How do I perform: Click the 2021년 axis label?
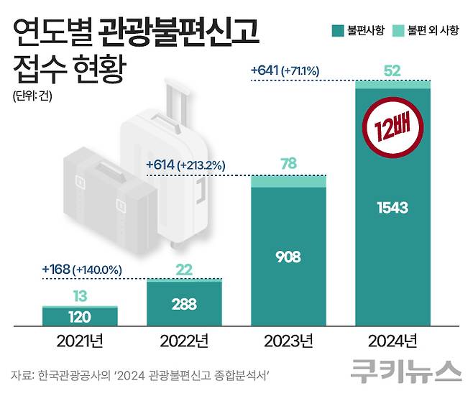(80, 339)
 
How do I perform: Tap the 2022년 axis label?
(183, 339)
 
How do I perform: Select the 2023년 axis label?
(288, 339)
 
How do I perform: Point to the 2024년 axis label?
(392, 339)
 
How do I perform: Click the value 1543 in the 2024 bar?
(392, 208)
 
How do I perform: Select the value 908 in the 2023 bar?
(288, 256)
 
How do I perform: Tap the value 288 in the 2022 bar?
(183, 303)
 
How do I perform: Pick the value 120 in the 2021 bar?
(80, 316)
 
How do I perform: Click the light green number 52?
(392, 70)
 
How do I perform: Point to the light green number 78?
(288, 164)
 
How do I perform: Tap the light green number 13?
(80, 295)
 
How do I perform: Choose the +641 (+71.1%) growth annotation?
(285, 70)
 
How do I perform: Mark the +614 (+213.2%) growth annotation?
(185, 165)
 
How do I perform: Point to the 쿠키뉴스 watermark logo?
(406, 372)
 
